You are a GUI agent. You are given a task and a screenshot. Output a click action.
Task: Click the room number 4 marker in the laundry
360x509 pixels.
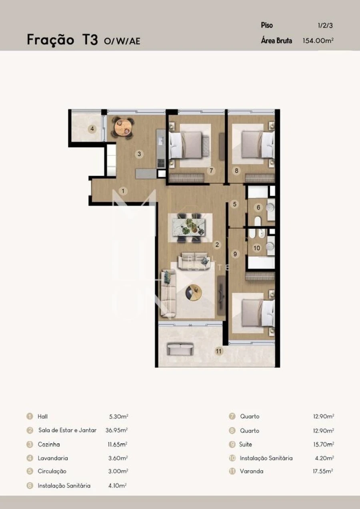click(92, 129)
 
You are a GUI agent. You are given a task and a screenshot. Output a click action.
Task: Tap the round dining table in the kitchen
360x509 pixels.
click(123, 128)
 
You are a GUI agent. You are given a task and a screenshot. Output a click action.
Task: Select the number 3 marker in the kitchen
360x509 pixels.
click(139, 154)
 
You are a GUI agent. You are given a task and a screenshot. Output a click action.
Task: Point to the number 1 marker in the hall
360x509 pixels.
click(124, 191)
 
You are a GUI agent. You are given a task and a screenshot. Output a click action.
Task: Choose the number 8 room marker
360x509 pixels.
click(237, 171)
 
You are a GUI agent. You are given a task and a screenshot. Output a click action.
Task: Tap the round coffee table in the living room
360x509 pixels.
click(194, 292)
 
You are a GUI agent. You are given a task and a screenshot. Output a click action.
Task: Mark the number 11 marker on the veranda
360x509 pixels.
click(219, 351)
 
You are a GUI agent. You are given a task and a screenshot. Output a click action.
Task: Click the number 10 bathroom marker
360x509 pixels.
click(257, 248)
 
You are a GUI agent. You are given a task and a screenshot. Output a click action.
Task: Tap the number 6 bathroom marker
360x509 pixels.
click(258, 208)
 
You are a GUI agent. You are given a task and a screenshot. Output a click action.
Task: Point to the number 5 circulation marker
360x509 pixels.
click(235, 204)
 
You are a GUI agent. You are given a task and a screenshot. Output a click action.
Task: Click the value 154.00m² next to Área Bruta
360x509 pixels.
click(318, 40)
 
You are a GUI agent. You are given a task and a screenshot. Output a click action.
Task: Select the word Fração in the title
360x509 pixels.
click(50, 40)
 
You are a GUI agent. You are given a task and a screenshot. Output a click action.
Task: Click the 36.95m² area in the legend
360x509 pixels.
click(118, 430)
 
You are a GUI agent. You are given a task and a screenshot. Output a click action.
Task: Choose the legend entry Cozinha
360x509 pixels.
click(49, 444)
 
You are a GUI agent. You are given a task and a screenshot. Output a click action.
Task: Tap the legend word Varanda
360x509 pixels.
click(252, 471)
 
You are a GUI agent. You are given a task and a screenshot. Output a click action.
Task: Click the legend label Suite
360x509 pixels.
click(246, 444)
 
